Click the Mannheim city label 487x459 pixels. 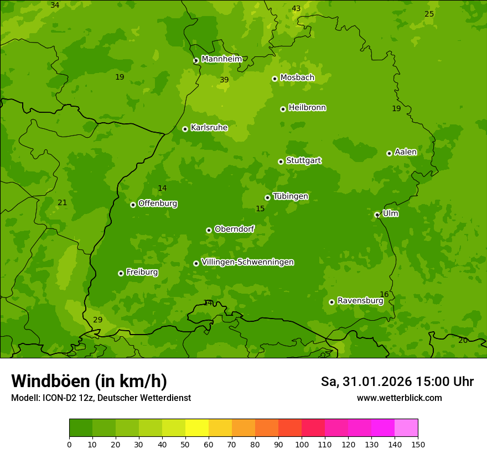point(221,59)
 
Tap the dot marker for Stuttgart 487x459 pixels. point(281,161)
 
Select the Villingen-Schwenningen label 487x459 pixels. point(247,262)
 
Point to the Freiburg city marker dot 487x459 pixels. point(121,273)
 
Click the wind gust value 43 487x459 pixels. point(296,8)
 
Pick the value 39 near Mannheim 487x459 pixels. point(224,80)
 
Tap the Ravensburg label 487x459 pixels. point(360,301)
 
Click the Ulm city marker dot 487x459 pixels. point(377,215)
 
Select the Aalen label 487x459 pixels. point(406,152)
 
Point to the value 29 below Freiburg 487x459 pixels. point(98,320)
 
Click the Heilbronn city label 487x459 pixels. point(307,108)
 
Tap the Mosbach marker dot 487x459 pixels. point(274,79)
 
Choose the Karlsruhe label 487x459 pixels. point(209,128)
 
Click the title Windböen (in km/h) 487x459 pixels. point(89,381)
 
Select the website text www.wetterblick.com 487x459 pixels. point(399,398)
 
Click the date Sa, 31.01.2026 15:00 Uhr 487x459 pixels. point(397,382)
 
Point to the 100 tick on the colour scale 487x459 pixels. point(302,444)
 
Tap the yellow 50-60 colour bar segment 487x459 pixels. point(197,428)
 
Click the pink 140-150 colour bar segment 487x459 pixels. point(406,428)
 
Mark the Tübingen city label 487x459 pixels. point(291,196)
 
